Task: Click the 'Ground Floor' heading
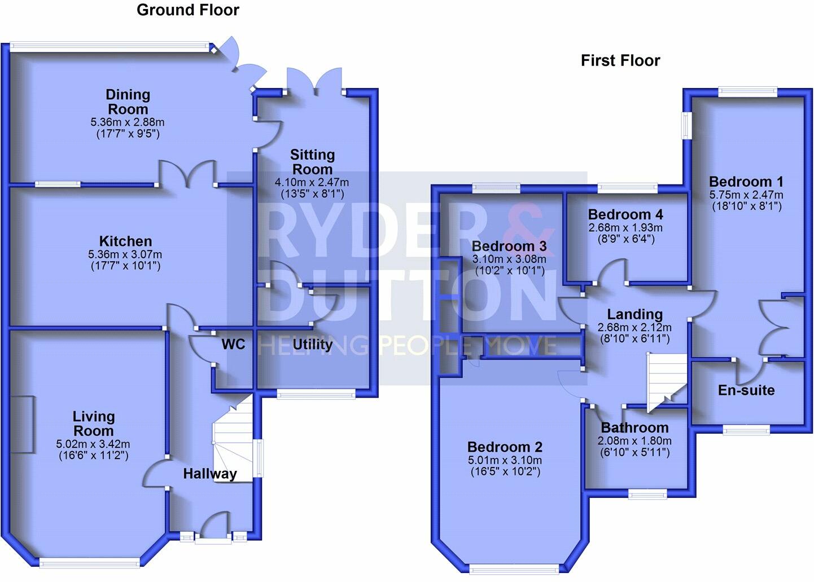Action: (x=187, y=10)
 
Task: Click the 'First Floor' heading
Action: (x=620, y=61)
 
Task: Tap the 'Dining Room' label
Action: (x=128, y=102)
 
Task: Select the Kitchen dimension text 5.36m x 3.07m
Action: (x=126, y=254)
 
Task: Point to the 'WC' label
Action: (x=233, y=344)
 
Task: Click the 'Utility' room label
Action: (x=312, y=345)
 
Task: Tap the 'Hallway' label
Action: (x=209, y=474)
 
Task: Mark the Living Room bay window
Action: (x=90, y=562)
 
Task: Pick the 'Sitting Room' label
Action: (x=312, y=162)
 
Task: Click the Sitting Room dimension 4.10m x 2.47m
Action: (x=312, y=183)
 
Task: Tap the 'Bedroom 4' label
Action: (x=625, y=214)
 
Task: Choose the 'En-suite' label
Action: (x=746, y=390)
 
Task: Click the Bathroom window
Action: (x=648, y=495)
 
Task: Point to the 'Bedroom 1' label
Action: (x=746, y=182)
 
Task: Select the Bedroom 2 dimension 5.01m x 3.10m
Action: (x=505, y=460)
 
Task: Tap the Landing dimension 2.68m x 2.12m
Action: (x=634, y=328)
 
